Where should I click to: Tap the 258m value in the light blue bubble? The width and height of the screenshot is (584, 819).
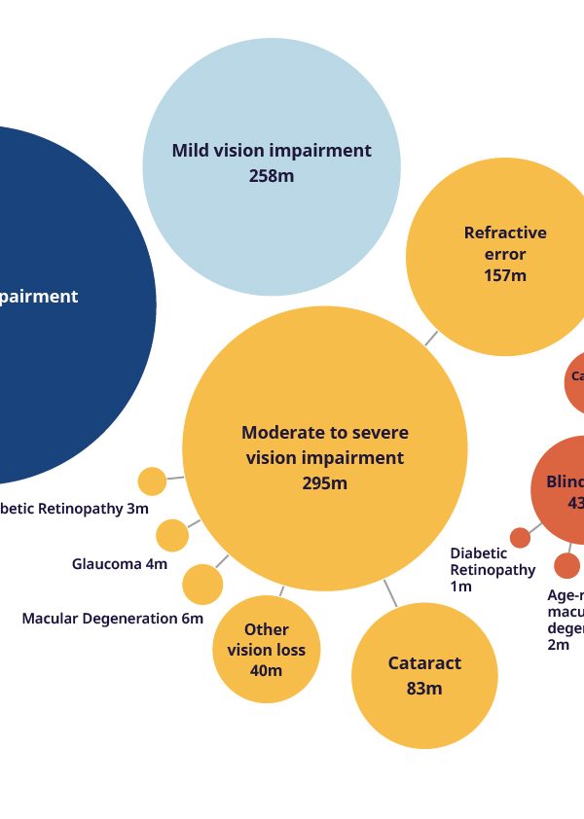272,176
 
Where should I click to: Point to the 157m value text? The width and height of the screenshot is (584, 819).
505,275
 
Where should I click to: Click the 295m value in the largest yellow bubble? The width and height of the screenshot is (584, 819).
324,483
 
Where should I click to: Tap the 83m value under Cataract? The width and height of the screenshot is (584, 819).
424,689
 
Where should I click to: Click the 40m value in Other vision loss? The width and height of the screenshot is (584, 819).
267,671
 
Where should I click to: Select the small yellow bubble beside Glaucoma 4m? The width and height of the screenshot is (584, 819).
172,535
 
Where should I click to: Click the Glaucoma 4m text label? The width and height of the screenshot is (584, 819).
120,564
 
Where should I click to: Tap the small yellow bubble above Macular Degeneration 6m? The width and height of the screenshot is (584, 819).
202,585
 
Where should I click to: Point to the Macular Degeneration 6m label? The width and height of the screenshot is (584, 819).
113,619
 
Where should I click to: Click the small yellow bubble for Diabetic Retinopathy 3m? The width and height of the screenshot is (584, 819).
152,481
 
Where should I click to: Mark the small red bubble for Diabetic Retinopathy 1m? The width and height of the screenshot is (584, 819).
521,537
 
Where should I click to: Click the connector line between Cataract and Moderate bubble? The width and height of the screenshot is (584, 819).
390,594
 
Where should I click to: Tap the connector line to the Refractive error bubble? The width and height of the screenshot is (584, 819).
430,338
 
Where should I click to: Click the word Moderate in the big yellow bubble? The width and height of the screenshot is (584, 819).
277,433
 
